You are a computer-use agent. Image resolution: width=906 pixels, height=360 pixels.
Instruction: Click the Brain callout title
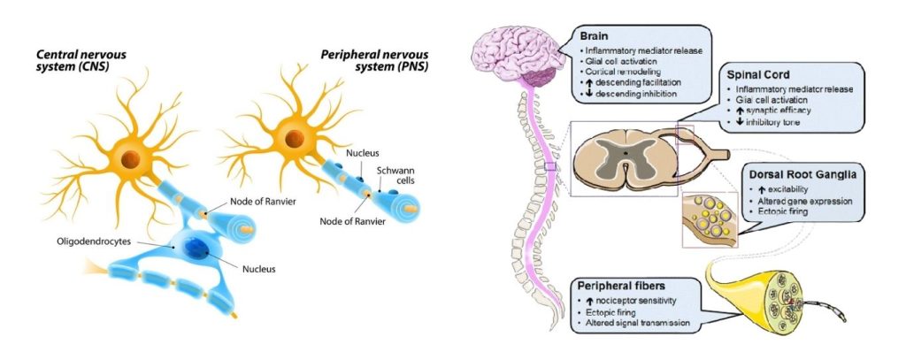click(597, 37)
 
